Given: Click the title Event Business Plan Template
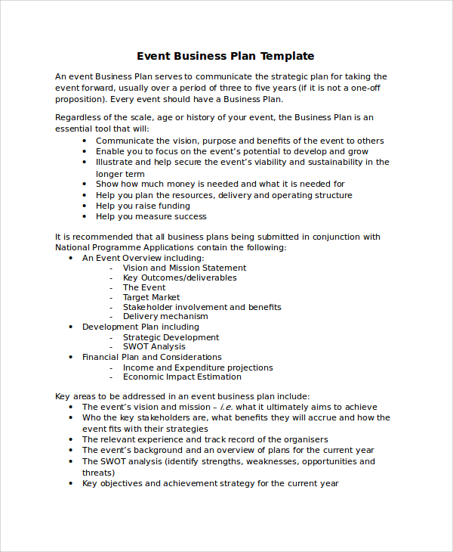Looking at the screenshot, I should click(225, 56).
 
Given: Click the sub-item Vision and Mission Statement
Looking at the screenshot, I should click(184, 268).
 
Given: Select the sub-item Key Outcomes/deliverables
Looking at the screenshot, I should click(180, 278).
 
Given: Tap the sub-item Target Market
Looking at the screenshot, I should click(152, 297).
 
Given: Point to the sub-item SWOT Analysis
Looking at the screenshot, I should click(154, 346).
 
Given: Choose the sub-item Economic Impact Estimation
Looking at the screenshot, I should click(182, 377).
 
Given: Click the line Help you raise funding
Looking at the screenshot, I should click(143, 206).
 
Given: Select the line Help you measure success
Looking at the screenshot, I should click(151, 216).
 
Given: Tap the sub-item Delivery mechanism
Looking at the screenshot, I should click(165, 317).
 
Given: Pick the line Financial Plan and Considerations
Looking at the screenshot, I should click(152, 357).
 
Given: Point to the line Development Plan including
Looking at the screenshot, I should click(140, 327).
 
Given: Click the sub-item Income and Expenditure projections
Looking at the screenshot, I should click(198, 367).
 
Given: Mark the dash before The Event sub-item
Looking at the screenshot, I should click(112, 288).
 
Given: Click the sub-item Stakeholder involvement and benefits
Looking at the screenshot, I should click(202, 307).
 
